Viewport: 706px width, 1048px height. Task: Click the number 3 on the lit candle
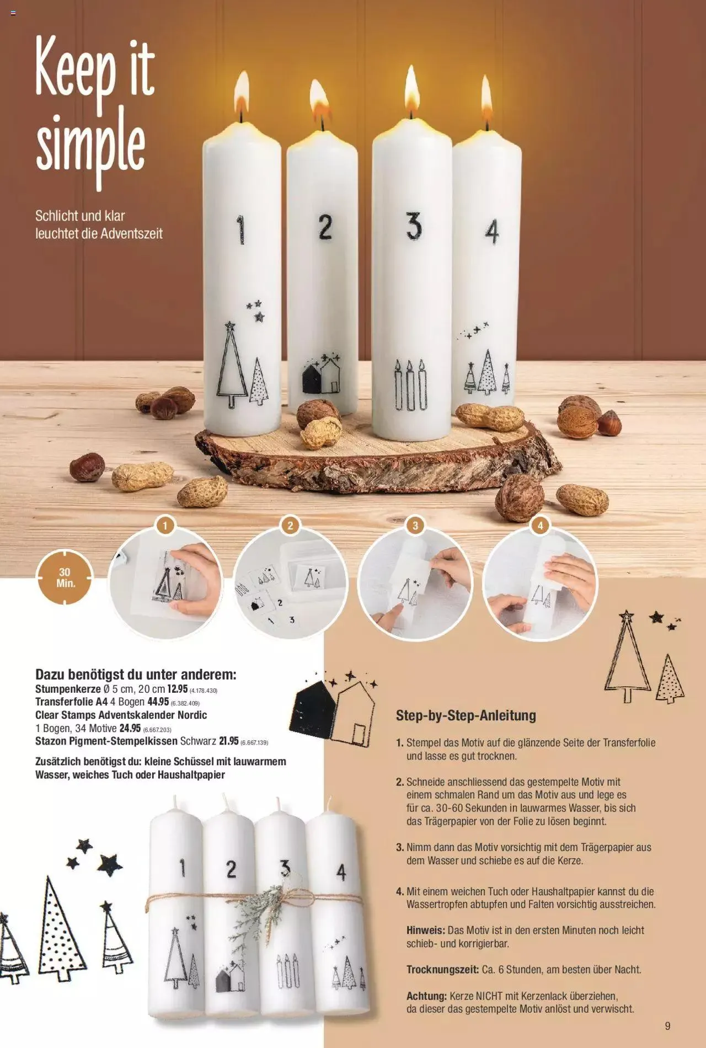(414, 226)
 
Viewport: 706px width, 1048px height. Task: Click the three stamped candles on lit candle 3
(410, 386)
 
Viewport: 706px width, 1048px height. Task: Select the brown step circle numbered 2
(290, 525)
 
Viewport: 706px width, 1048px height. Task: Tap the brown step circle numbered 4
(540, 525)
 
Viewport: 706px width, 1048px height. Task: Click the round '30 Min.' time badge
(65, 578)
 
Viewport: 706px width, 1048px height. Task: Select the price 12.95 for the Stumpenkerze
(177, 689)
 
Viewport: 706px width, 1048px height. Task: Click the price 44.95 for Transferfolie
(158, 702)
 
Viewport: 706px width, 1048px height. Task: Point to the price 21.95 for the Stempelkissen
(228, 741)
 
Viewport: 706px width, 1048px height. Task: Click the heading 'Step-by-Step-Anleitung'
(466, 715)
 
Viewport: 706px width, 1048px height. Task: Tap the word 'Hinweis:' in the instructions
(425, 930)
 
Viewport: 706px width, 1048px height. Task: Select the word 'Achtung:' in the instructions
(426, 996)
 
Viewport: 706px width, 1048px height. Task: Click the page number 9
(667, 1026)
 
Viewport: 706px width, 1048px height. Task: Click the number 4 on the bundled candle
(341, 872)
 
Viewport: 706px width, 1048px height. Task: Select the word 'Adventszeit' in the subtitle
(131, 233)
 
